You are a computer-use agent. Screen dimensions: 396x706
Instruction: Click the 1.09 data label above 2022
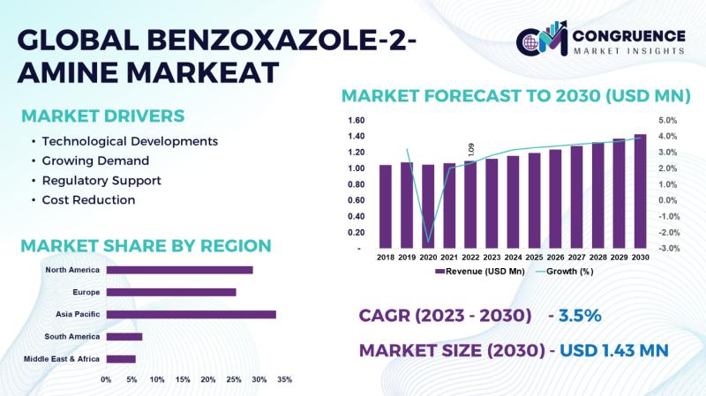tap(471, 151)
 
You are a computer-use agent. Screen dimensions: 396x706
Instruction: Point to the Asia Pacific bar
tap(191, 314)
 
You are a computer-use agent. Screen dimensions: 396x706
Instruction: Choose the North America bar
tap(179, 270)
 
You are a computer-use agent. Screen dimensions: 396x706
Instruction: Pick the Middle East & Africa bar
tap(121, 359)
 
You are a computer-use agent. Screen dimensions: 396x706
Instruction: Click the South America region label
tap(72, 337)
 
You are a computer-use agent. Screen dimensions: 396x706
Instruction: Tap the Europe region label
tap(86, 292)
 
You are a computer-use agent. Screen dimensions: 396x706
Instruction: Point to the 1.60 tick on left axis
tap(356, 120)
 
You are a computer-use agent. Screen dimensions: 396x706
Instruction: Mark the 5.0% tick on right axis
tap(668, 120)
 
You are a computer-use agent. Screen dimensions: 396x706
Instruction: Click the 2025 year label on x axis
tap(534, 257)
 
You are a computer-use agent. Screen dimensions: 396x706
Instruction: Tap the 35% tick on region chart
tap(284, 380)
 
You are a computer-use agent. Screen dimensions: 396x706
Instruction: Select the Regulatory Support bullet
tap(101, 180)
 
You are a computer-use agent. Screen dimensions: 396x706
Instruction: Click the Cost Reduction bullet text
tap(88, 199)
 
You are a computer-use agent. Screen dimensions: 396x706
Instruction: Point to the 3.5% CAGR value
tap(577, 316)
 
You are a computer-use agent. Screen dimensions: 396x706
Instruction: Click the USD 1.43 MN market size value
tap(612, 350)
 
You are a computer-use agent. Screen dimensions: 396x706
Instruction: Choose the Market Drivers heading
tap(102, 116)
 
